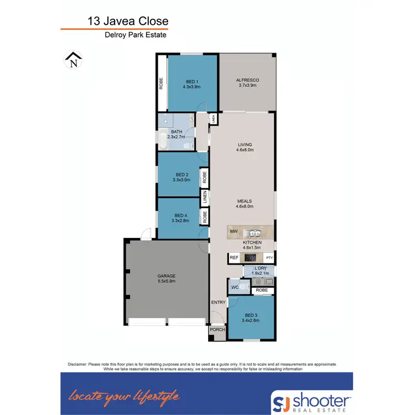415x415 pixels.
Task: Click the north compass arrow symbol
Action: (73, 60)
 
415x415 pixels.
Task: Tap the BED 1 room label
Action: (191, 84)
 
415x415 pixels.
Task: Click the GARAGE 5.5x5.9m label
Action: (166, 278)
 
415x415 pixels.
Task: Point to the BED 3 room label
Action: (250, 317)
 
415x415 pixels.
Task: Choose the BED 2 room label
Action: (181, 177)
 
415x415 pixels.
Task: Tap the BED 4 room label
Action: (181, 218)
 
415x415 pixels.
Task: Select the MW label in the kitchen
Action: (234, 232)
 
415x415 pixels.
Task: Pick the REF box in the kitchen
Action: (234, 258)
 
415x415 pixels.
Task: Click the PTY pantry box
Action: (269, 258)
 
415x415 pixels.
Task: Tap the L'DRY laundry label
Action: (260, 271)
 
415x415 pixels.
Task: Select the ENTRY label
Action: (218, 302)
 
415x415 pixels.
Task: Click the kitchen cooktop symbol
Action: (251, 258)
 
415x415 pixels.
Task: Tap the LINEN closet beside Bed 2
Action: (205, 196)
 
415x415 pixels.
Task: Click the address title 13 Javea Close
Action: (128, 22)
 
